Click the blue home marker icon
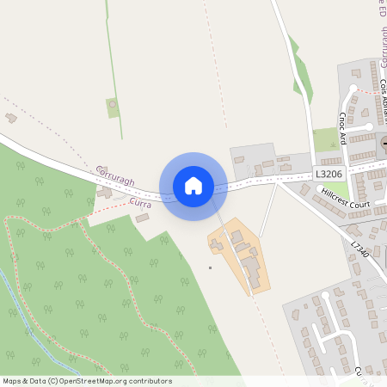coord(193,186)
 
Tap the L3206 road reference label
coord(329,174)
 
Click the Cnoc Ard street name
coord(342,127)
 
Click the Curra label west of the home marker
coord(140,203)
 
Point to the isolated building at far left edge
coord(11,117)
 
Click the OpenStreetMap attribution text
coord(86,381)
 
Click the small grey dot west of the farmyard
coord(210,267)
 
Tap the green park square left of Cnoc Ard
coord(326,138)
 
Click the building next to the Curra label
coord(142,218)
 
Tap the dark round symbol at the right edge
coord(384,143)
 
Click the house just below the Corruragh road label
coord(105,191)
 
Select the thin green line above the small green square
coord(109,52)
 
